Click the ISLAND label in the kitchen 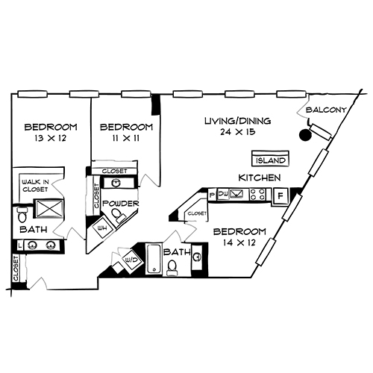[270, 160]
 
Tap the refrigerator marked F [280, 196]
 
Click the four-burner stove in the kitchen [259, 195]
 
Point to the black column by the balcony [304, 136]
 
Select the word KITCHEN [259, 178]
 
